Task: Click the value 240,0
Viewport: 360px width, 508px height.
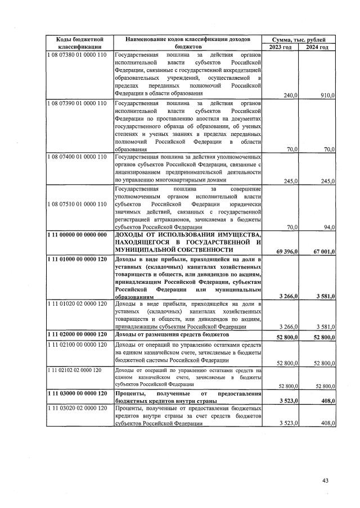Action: point(290,96)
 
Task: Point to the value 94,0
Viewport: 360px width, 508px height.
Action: point(328,227)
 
